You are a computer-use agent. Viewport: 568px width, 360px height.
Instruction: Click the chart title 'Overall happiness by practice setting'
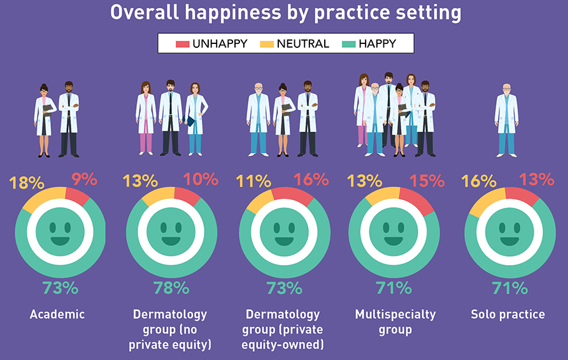click(284, 13)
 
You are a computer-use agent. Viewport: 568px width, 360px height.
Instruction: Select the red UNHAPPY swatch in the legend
click(183, 44)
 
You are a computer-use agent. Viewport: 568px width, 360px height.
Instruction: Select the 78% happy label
click(171, 288)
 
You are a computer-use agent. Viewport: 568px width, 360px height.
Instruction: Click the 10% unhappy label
click(201, 180)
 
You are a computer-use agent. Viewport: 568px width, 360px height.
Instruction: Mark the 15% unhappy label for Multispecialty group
click(427, 181)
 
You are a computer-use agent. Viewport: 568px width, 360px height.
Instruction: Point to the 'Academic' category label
click(57, 314)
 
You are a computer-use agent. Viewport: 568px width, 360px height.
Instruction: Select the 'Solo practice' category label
click(508, 314)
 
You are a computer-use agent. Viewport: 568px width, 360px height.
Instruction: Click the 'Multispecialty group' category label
click(395, 322)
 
